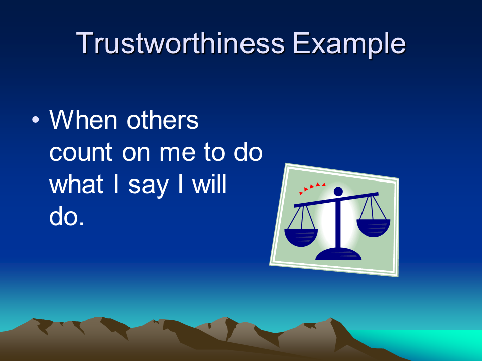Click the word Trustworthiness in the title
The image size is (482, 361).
click(180, 43)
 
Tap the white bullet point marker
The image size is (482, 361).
click(36, 119)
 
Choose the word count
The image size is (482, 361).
click(80, 152)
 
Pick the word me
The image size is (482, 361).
click(177, 152)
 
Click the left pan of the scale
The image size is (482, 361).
click(301, 237)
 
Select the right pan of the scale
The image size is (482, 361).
click(373, 228)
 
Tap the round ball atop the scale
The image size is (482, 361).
click(338, 191)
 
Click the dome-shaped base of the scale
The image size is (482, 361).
click(338, 254)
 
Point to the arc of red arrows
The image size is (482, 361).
click(311, 187)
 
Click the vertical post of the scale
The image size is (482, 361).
click(339, 224)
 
